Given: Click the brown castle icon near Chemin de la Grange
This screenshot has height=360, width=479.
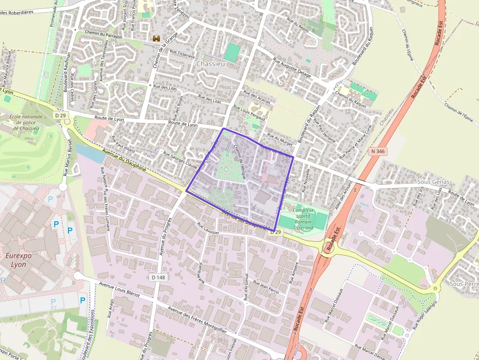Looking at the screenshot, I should pos(156,38).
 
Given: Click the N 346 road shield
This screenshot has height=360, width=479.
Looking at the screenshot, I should pos(378,151).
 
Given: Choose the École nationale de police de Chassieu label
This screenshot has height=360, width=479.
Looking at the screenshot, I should pos(26,123).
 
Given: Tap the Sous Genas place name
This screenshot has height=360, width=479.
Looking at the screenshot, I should pos(433,182).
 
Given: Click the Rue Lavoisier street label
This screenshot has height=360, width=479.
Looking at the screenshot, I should pos(212,229).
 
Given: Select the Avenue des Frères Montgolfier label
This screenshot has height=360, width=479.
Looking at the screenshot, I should pos(196,319).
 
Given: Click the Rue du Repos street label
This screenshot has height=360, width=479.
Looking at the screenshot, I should pos(298,25).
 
